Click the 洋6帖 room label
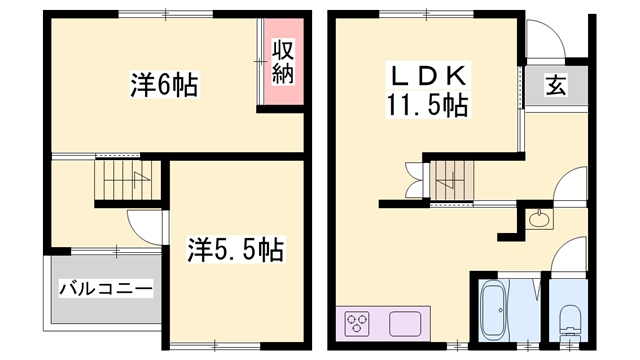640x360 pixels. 163,84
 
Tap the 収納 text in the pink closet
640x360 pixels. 284,62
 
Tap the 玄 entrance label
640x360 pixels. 553,86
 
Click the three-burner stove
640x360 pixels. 358,324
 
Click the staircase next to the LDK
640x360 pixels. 449,180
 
